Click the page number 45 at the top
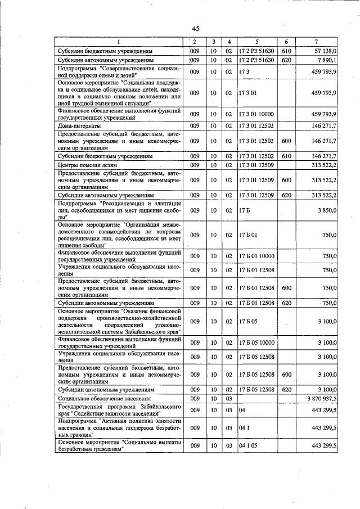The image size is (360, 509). pyautogui.click(x=195, y=29)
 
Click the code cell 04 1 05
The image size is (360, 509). pyautogui.click(x=247, y=445)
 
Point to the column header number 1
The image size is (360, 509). pyautogui.click(x=119, y=42)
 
